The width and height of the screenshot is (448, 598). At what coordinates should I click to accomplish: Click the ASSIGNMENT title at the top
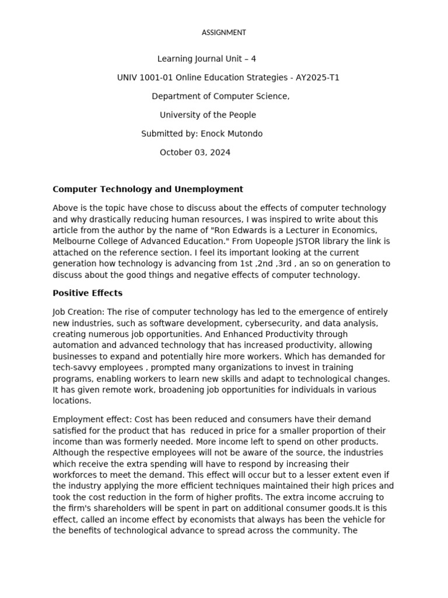(223, 33)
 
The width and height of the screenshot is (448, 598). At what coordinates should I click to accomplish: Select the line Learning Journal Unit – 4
(206, 59)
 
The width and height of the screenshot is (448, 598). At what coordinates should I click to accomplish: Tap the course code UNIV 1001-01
(145, 78)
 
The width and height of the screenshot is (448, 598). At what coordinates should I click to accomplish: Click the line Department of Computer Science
(220, 96)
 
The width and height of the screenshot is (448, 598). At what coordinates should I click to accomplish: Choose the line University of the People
(208, 115)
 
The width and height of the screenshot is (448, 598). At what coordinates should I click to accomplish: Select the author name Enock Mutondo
(232, 134)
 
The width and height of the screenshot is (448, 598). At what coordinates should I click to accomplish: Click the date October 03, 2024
(195, 152)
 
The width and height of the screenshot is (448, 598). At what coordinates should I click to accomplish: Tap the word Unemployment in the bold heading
(211, 189)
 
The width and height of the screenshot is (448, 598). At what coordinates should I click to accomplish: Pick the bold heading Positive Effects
(87, 293)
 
